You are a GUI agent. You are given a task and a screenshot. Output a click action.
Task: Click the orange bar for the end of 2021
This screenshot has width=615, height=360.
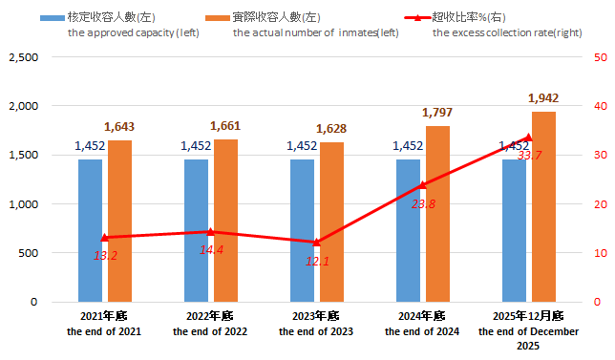119,221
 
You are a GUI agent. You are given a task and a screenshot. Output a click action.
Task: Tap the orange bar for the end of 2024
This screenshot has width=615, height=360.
437,214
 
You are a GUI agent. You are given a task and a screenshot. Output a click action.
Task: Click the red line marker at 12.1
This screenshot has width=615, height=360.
317,243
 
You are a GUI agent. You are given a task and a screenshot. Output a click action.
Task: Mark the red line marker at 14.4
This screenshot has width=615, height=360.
211,231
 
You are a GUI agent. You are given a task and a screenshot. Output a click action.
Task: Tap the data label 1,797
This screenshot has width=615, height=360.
437,113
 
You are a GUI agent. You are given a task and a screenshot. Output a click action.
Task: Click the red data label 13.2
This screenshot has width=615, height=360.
105,255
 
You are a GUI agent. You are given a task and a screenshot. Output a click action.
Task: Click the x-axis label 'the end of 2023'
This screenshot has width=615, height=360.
316,331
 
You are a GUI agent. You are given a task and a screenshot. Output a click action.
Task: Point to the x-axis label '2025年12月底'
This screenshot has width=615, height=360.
528,316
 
